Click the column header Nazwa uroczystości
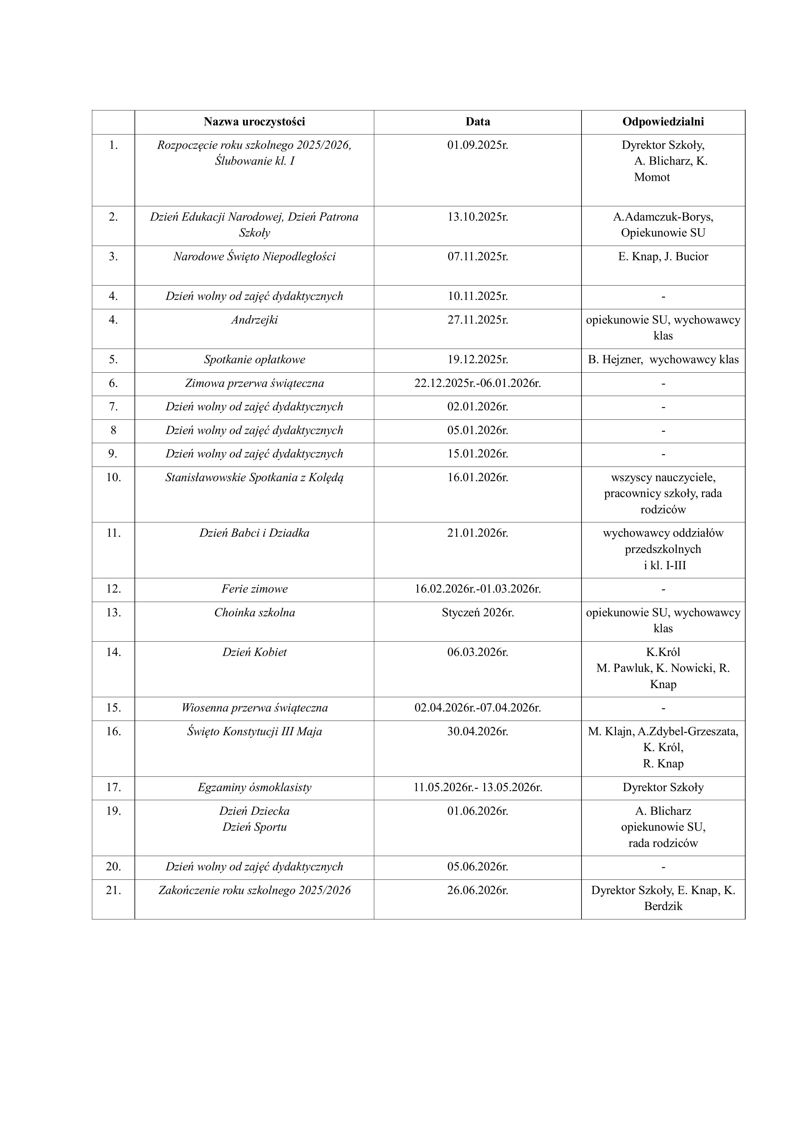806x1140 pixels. [254, 122]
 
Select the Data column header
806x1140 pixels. [478, 122]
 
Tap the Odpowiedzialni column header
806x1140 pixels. [663, 122]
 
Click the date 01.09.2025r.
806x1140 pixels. [478, 146]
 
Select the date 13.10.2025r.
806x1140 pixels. [478, 217]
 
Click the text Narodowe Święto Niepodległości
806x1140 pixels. [254, 257]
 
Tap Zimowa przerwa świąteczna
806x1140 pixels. [254, 384]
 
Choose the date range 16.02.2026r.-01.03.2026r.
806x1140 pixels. [478, 589]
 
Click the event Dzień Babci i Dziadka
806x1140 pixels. [254, 533]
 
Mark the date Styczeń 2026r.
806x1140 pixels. [478, 613]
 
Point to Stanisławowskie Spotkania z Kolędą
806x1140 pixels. [254, 478]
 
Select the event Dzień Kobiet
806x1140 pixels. [254, 652]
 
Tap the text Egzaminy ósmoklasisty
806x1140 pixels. [254, 788]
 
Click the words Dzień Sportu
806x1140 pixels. [254, 827]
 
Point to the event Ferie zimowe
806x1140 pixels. [254, 589]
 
